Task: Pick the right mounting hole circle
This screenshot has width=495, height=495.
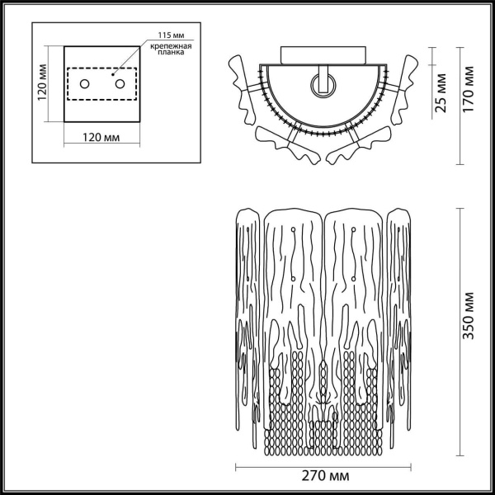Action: pyautogui.click(x=120, y=83)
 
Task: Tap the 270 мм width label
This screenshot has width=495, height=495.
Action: pyautogui.click(x=323, y=477)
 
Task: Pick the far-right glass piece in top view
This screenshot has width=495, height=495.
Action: pyautogui.click(x=405, y=91)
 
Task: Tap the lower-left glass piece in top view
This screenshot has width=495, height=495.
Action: pyautogui.click(x=280, y=143)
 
